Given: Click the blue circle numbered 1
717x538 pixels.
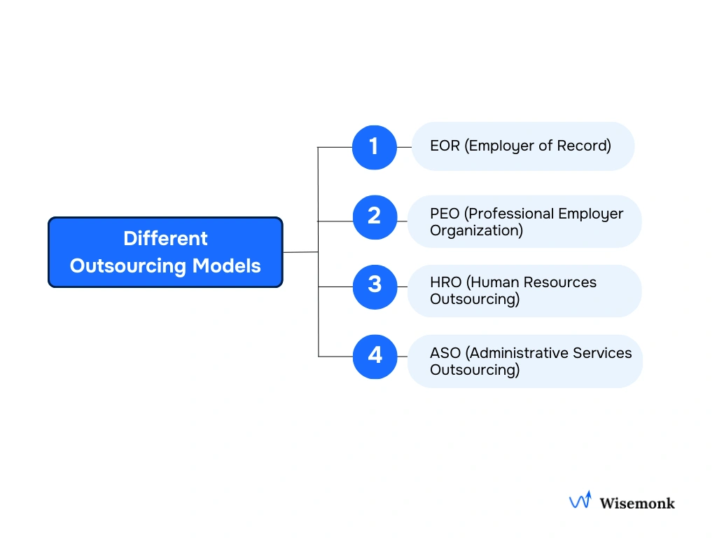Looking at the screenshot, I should (374, 147).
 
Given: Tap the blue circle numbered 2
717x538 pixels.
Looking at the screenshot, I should (374, 216).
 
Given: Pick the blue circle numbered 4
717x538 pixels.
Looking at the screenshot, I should (375, 356).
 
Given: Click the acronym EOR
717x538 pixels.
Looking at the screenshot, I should (445, 146).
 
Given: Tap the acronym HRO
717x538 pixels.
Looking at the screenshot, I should (446, 282).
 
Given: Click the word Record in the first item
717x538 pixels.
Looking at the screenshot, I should (583, 146).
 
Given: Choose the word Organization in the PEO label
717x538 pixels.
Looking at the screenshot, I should (476, 230).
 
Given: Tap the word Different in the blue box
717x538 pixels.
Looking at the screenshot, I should (165, 238).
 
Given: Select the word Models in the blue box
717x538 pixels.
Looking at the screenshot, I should (227, 266).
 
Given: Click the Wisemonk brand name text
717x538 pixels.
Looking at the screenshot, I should (637, 502).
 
